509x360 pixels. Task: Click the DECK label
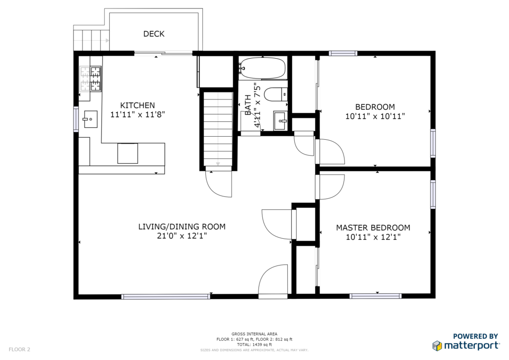pos(154,34)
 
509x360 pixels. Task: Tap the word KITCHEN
pos(138,105)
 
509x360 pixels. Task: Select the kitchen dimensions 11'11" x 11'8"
pos(138,114)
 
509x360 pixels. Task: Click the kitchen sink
pos(90,119)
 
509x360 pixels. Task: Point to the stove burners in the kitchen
pos(90,79)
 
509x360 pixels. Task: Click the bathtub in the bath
pos(262,68)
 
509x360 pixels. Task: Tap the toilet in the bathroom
pos(275,94)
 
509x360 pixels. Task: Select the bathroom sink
pos(280,121)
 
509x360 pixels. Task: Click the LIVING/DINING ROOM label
pos(182,227)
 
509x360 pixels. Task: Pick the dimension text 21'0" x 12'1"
pos(182,236)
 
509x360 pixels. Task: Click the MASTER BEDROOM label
pos(373,228)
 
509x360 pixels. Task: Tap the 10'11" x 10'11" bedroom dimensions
pos(375,116)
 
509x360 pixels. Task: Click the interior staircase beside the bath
pos(218,129)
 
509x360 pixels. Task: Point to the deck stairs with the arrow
pos(91,40)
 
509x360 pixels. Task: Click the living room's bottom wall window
pos(166,296)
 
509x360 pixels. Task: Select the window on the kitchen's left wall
pos(76,119)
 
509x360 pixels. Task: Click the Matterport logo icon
pos(437,346)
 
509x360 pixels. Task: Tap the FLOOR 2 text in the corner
pos(19,350)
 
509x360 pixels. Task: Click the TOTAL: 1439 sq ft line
pos(254,345)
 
